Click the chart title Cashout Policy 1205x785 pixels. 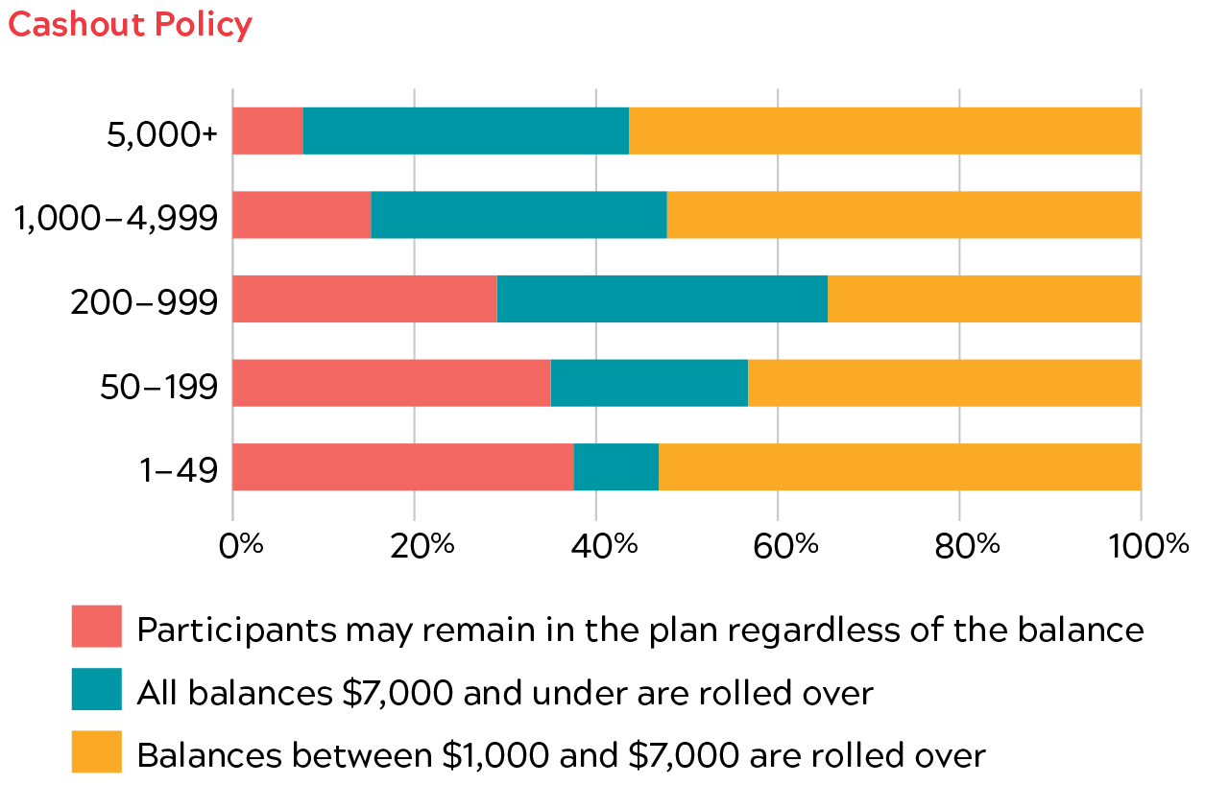point(130,24)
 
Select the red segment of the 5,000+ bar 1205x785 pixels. point(268,131)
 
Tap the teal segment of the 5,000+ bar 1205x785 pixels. point(466,131)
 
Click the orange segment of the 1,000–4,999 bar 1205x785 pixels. point(904,215)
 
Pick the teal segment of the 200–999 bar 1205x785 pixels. point(662,298)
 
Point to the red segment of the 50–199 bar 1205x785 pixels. point(392,383)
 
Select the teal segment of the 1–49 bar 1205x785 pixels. point(615,467)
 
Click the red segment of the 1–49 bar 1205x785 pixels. point(403,467)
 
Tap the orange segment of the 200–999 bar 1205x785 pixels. point(984,298)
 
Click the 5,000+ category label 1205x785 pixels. point(162,133)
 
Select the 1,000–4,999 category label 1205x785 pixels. point(116,218)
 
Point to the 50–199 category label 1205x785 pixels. point(159,386)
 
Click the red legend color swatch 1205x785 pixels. point(97,627)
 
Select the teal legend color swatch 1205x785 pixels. point(97,690)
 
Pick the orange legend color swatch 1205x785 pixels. point(97,752)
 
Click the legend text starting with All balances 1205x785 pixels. point(505,692)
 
